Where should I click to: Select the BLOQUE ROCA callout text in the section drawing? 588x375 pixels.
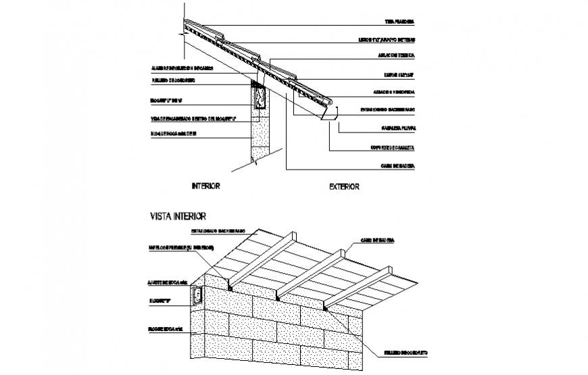tap(174, 134)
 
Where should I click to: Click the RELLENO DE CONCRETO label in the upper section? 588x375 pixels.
tap(174, 80)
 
